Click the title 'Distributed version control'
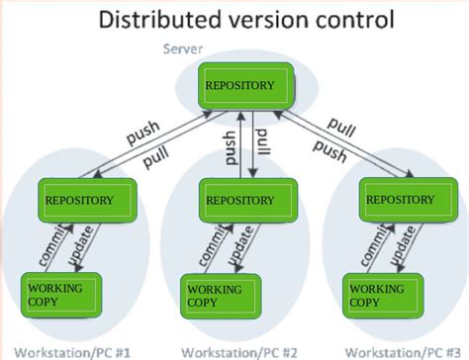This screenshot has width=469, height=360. (234, 19)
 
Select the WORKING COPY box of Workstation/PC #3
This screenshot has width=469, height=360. (380, 294)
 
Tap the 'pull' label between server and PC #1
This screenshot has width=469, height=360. (153, 156)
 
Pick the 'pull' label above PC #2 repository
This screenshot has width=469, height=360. (261, 148)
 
